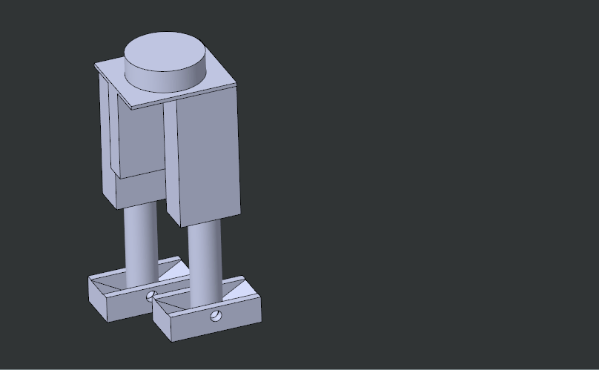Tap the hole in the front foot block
(216, 317)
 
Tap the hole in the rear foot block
(151, 296)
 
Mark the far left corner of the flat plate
(96, 65)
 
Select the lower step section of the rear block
(141, 189)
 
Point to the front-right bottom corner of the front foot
(261, 321)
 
